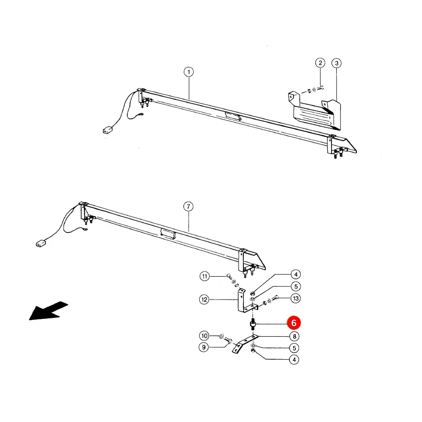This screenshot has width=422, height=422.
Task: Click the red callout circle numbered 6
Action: pos(294,323)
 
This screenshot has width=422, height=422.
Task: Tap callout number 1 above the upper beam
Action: pos(188,72)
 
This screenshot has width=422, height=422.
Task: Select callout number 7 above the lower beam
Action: pos(188,207)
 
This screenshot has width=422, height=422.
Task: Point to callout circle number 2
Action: pos(320,63)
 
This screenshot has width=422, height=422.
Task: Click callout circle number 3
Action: pos(337,63)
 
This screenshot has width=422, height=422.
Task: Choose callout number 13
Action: pos(296,299)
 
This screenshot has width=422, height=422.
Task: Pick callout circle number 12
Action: pos(204,300)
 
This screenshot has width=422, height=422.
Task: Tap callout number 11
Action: pos(205,276)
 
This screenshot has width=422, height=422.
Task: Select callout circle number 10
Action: pos(204,336)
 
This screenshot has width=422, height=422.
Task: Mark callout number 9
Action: pos(204,347)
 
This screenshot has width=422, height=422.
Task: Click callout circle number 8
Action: pos(294,336)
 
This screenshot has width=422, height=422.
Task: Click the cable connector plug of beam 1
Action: pos(108,130)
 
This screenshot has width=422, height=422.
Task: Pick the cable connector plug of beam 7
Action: pos(41,243)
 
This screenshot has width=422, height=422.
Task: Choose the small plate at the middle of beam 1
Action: pos(234,116)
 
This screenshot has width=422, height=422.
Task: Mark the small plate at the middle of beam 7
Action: pos(168,233)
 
